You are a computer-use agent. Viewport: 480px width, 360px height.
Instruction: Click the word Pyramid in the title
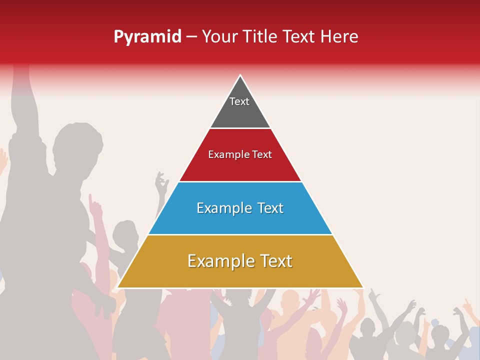tap(147, 37)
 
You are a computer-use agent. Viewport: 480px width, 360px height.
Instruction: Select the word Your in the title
tap(219, 37)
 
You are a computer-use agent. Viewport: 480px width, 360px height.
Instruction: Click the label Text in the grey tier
tap(239, 101)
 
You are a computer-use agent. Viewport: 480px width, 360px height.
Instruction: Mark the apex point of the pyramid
tap(240, 75)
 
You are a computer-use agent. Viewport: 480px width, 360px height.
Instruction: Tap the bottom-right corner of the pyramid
tap(363, 287)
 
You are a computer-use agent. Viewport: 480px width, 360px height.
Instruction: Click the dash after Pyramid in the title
tap(191, 37)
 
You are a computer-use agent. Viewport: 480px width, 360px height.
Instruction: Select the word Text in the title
tap(299, 37)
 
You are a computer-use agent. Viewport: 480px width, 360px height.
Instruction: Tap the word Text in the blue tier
tap(270, 208)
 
